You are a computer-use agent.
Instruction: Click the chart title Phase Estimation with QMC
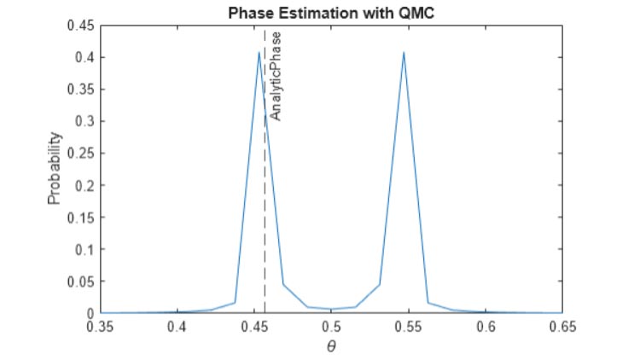[331, 14]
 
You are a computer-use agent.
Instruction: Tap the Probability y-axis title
[54, 168]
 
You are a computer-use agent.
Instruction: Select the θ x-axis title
[332, 346]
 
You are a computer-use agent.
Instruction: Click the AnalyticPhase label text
[275, 75]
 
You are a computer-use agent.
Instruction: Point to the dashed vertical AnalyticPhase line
[265, 213]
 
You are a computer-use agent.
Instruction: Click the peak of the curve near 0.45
[259, 53]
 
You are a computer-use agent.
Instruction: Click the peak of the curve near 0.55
[404, 53]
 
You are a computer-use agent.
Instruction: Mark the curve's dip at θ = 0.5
[331, 309]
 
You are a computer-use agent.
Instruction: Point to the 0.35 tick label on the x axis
[101, 327]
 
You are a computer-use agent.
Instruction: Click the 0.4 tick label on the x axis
[177, 327]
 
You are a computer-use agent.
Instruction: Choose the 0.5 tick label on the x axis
[332, 327]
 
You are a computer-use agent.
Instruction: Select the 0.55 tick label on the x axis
[409, 327]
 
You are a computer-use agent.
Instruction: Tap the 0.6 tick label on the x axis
[486, 327]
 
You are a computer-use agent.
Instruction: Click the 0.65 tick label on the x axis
[562, 327]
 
